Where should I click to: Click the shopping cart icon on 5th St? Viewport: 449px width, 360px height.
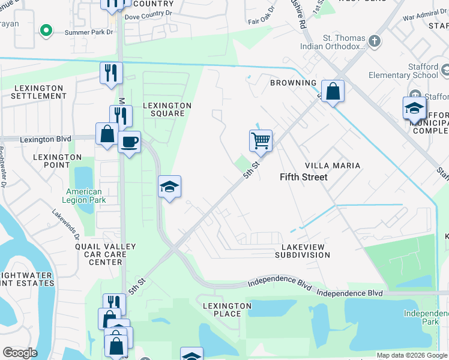(261, 141)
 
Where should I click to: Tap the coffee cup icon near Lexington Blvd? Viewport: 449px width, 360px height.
(129, 142)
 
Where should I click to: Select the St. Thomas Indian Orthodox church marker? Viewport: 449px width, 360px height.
(375, 41)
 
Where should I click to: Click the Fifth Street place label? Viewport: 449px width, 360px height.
(304, 177)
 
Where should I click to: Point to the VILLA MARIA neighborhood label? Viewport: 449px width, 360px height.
(333, 166)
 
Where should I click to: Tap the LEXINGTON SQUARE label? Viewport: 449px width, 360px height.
(167, 110)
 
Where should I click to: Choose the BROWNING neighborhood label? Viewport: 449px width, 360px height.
(293, 83)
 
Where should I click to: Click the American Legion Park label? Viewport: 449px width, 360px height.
(84, 196)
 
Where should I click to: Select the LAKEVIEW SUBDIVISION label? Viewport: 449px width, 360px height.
(303, 251)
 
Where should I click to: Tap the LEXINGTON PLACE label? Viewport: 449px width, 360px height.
(226, 310)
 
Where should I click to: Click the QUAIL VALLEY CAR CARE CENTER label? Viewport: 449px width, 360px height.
(106, 254)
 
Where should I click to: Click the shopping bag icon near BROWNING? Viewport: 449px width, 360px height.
(333, 91)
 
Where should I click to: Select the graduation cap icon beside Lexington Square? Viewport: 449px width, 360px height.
(169, 187)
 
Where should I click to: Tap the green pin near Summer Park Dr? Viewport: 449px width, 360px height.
(46, 30)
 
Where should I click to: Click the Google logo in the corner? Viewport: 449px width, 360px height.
(20, 353)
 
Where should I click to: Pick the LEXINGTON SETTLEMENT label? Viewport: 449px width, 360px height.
(38, 92)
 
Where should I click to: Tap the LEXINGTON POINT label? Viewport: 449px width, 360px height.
(57, 161)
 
